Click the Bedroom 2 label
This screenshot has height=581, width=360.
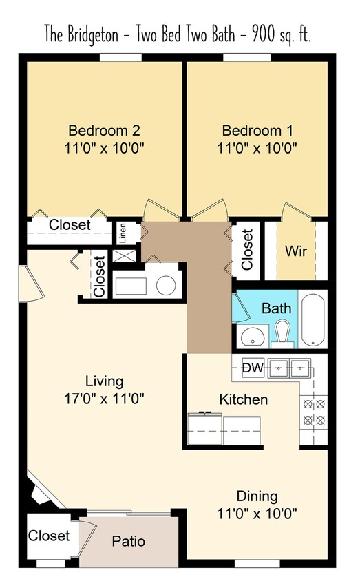click(105, 131)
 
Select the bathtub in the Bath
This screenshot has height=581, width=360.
click(313, 319)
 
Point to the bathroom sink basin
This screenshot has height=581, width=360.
click(251, 337)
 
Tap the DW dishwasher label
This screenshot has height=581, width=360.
click(253, 368)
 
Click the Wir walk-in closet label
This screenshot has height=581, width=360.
click(296, 251)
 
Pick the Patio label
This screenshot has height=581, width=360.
click(128, 541)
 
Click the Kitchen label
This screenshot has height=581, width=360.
click(243, 399)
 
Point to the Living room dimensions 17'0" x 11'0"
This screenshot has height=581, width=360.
click(104, 397)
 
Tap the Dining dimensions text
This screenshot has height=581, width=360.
click(256, 512)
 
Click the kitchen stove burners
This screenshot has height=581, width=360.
click(313, 412)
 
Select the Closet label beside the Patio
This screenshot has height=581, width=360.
click(49, 536)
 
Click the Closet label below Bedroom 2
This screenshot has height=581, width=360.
click(70, 224)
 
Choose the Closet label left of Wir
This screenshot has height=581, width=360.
click(247, 249)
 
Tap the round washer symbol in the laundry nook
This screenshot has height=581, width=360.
click(165, 284)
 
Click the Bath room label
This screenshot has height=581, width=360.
click(276, 308)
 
